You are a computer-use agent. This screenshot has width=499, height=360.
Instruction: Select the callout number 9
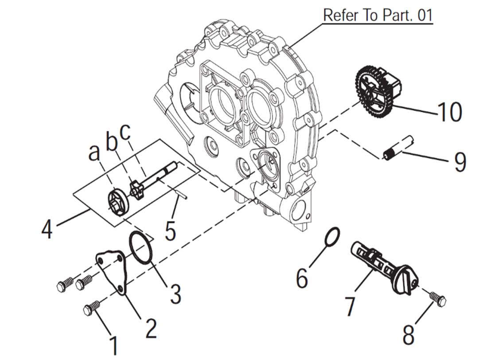(x=460, y=162)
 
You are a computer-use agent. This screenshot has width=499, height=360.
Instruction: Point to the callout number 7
(x=350, y=306)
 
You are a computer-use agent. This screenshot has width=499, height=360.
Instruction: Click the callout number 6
(x=302, y=278)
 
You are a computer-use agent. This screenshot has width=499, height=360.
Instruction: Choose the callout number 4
(x=47, y=229)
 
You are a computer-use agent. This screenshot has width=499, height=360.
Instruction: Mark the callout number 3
(x=175, y=294)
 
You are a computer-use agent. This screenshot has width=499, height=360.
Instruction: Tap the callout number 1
(x=114, y=345)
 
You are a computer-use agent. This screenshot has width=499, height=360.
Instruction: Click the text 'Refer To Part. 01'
(x=377, y=15)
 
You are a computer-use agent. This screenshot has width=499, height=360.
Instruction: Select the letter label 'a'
(x=93, y=153)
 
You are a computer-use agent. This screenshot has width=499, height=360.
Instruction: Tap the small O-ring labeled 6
(x=332, y=236)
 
